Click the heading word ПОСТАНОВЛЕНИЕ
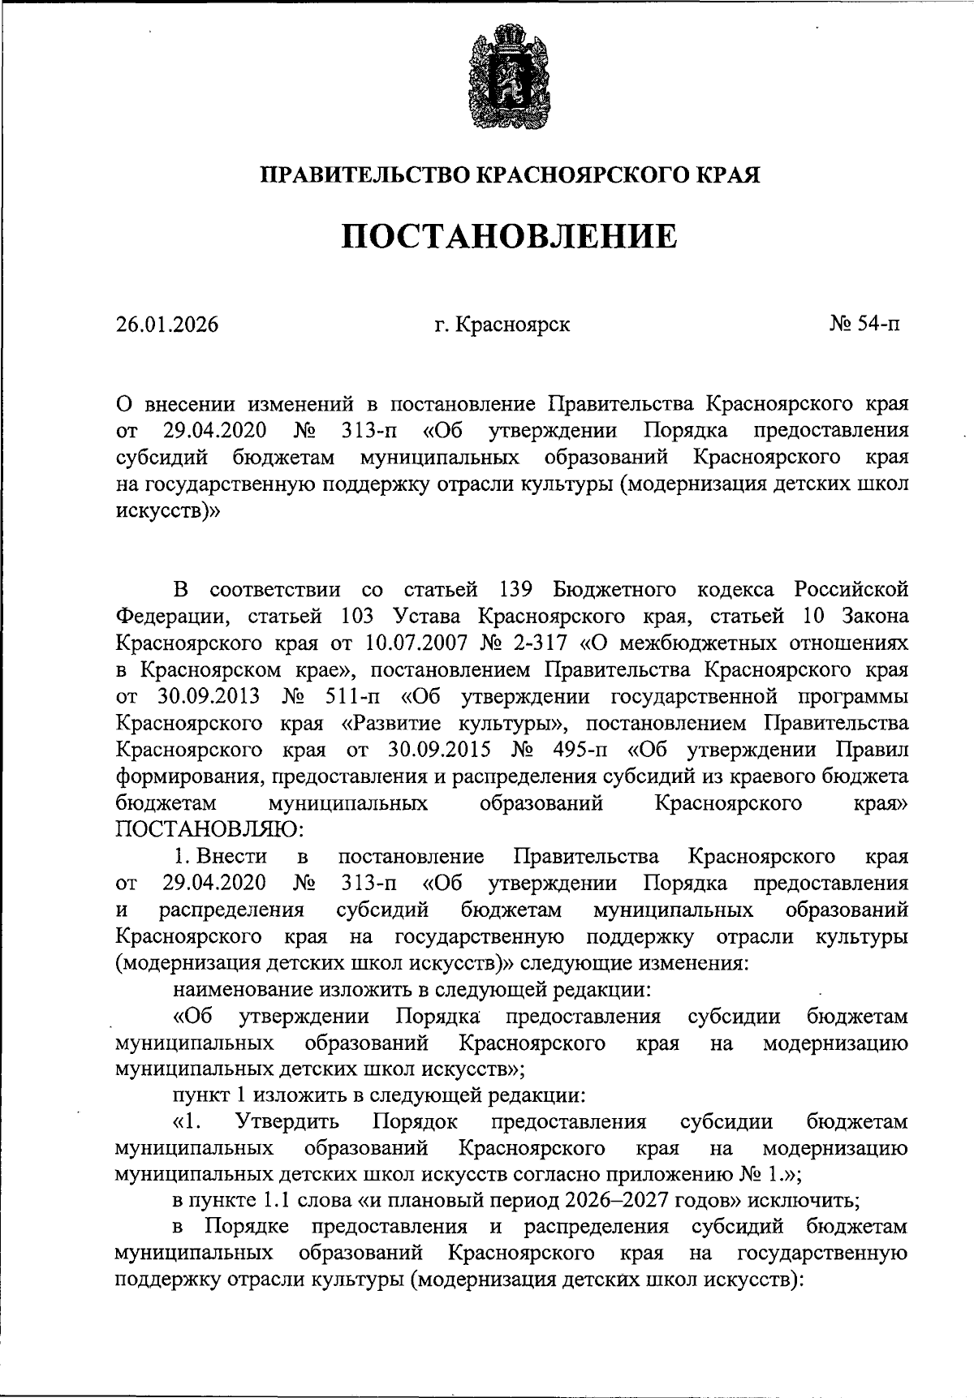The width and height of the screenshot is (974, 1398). (x=509, y=236)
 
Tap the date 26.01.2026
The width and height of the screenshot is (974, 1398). (x=167, y=325)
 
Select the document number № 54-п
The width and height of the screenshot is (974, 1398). (x=864, y=325)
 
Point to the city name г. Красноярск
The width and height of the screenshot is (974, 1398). (x=502, y=325)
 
